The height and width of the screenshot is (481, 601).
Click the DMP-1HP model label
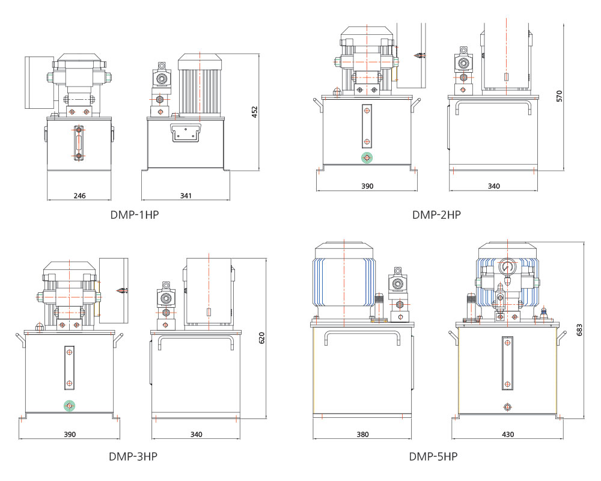pyautogui.click(x=135, y=215)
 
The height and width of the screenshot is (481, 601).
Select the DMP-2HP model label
pyautogui.click(x=436, y=215)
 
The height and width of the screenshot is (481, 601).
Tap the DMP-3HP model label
pyautogui.click(x=133, y=456)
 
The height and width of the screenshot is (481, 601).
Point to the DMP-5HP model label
pyautogui.click(x=433, y=456)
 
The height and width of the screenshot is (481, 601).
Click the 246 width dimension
pyautogui.click(x=79, y=195)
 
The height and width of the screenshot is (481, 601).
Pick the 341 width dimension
pyautogui.click(x=186, y=195)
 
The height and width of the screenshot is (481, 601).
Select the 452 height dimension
pyautogui.click(x=254, y=112)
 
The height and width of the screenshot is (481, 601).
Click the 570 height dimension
pyautogui.click(x=559, y=96)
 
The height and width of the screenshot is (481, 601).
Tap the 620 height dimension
pyautogui.click(x=261, y=338)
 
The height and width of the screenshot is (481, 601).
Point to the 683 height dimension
pyautogui.click(x=579, y=330)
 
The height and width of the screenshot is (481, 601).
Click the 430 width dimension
pyautogui.click(x=508, y=434)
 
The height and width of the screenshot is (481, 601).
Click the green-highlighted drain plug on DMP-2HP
pyautogui.click(x=367, y=158)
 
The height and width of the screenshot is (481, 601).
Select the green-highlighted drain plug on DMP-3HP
pyautogui.click(x=70, y=406)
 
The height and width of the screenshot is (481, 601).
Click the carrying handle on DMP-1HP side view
pyautogui.click(x=185, y=133)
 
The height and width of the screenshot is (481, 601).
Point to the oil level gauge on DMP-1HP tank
pyautogui.click(x=79, y=143)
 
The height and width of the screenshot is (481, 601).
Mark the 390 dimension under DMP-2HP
pyautogui.click(x=367, y=186)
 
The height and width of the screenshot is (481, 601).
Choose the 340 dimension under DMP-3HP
pyautogui.click(x=196, y=434)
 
